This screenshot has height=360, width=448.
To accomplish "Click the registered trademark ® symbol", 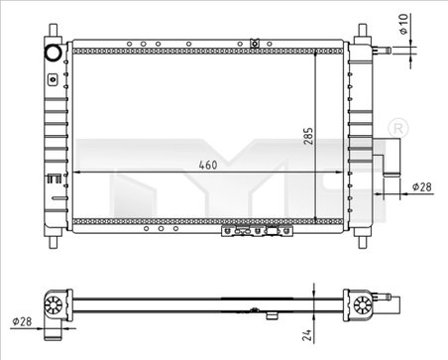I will (397, 129).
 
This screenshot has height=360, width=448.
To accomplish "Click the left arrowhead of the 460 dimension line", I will (80, 171).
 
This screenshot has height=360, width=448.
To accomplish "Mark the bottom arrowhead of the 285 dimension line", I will (314, 220).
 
